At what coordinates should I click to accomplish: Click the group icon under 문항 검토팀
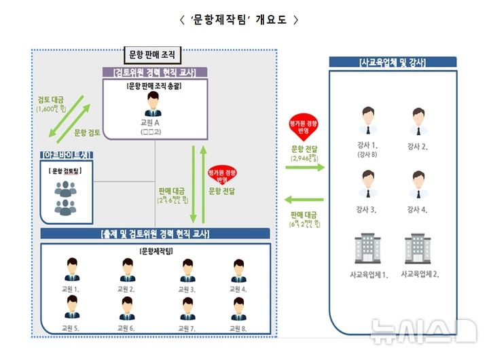66,195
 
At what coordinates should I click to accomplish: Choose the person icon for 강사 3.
369,184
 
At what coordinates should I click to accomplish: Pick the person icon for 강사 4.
418,184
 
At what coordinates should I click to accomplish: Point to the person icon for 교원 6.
127,308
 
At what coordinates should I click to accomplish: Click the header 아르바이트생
67,155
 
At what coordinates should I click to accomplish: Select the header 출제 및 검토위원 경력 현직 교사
155,234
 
